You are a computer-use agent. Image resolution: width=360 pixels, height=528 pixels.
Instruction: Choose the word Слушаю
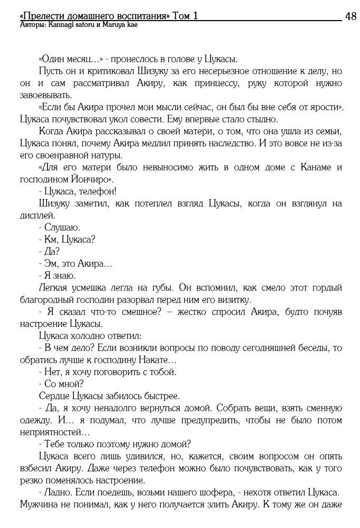tap(62, 228)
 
